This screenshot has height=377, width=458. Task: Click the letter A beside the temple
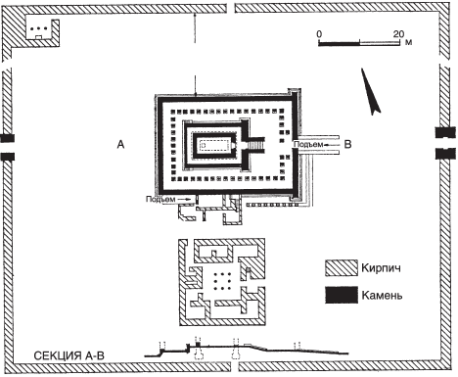(x=120, y=144)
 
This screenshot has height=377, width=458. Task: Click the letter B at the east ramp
(x=348, y=144)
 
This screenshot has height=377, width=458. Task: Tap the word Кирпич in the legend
(x=381, y=268)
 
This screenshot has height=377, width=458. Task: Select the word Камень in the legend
(x=382, y=296)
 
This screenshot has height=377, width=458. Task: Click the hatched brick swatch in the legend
(x=342, y=268)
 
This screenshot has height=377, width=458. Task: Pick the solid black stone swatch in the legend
(x=342, y=295)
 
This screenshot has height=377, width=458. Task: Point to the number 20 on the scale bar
(x=398, y=34)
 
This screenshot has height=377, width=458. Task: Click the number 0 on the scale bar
(x=319, y=34)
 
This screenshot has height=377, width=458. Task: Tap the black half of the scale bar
(x=339, y=43)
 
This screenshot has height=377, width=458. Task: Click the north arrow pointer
(x=371, y=91)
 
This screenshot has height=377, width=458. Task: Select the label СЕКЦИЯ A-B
(x=69, y=355)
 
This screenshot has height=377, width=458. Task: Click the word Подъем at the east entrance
(x=307, y=144)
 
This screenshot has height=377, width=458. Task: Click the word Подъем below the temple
(x=160, y=199)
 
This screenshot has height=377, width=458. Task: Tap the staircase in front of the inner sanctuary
(x=256, y=144)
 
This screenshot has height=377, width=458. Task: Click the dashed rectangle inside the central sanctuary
(x=216, y=144)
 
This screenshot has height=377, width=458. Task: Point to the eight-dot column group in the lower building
(x=222, y=281)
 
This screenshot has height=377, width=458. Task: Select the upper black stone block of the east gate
(x=445, y=132)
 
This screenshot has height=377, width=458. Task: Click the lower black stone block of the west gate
(x=7, y=157)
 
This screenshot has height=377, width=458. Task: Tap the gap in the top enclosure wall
(x=231, y=8)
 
